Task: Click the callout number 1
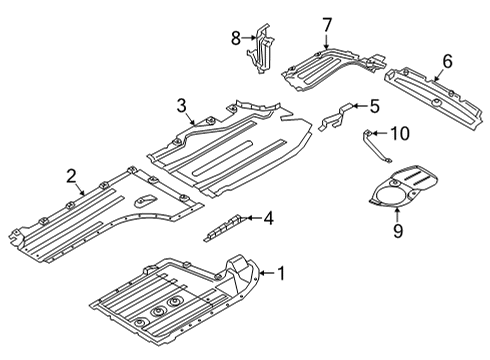(x=281, y=271)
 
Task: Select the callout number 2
(x=72, y=177)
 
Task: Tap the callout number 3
(x=181, y=106)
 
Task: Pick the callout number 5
(x=374, y=105)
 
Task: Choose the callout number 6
(x=446, y=61)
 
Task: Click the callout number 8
(x=236, y=39)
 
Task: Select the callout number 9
(x=397, y=231)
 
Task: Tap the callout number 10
(x=399, y=133)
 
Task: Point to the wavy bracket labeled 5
(x=340, y=114)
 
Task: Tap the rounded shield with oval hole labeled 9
(x=410, y=190)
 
